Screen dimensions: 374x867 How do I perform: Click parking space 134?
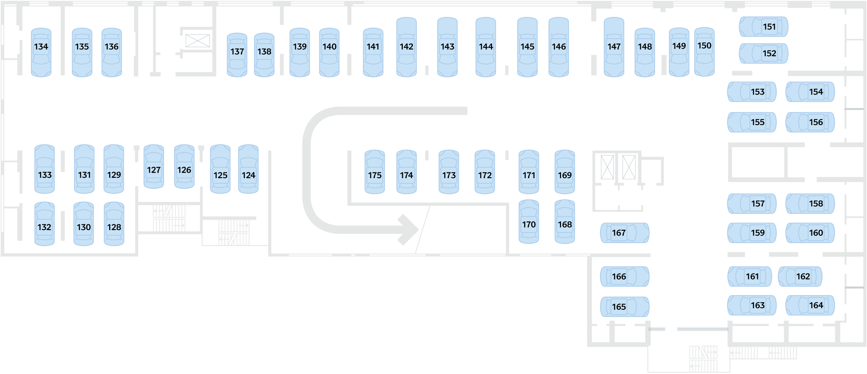(x=41, y=52)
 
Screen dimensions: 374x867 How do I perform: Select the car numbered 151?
(x=763, y=27)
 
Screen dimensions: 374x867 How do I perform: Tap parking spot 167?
(x=625, y=233)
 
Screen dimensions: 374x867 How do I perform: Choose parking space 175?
(x=375, y=172)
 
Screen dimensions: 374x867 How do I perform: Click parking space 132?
(x=44, y=224)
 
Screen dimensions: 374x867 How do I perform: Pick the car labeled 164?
(x=810, y=305)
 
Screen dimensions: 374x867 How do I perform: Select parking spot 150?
(x=704, y=52)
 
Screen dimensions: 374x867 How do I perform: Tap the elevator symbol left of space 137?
(x=198, y=41)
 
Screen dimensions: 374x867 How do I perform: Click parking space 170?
(x=529, y=221)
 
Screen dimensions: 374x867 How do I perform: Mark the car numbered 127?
(x=154, y=166)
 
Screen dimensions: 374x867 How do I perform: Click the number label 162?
(x=803, y=277)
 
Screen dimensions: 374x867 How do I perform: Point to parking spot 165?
(x=625, y=307)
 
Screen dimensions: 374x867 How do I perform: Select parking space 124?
(x=248, y=169)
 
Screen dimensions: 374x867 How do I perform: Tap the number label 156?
(x=816, y=122)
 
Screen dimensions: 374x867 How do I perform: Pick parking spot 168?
(x=565, y=221)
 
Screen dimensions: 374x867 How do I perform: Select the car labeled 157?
(x=752, y=204)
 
